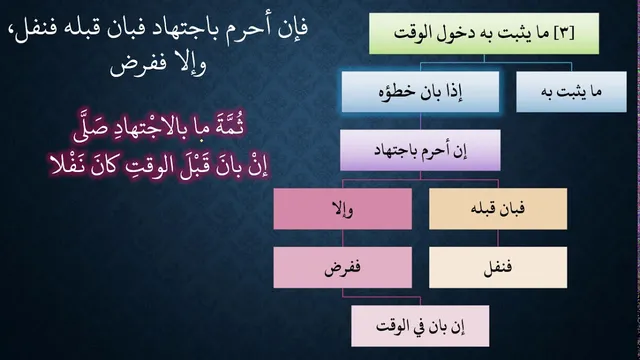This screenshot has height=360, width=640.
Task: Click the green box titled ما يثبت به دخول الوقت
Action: (x=484, y=33)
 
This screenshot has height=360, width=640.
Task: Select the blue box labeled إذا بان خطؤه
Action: (x=420, y=92)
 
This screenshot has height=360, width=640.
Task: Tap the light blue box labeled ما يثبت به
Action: (x=571, y=92)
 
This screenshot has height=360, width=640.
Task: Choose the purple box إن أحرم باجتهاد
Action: (x=420, y=150)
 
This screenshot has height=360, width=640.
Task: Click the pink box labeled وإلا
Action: (x=342, y=209)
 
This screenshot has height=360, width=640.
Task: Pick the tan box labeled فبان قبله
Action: (x=498, y=209)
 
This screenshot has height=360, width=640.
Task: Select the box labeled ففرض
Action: (x=342, y=267)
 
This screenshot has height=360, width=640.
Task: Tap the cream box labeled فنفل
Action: (x=498, y=267)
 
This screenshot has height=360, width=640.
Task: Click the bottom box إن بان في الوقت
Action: (x=420, y=326)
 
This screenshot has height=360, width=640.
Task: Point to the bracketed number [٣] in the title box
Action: (x=564, y=33)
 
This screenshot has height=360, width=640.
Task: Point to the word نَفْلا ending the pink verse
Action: (x=67, y=165)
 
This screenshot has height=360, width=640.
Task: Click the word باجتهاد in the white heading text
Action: (x=190, y=28)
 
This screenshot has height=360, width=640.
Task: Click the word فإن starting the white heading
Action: (x=293, y=28)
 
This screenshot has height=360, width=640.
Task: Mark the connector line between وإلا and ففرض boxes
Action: (x=342, y=238)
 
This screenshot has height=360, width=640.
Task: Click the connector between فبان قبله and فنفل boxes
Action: (x=498, y=238)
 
